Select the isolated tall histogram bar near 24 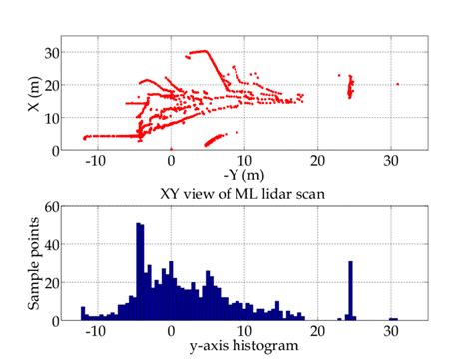click(350, 290)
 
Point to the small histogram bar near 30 click(393, 319)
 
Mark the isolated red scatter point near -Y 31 click(397, 84)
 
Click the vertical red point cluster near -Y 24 click(350, 89)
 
